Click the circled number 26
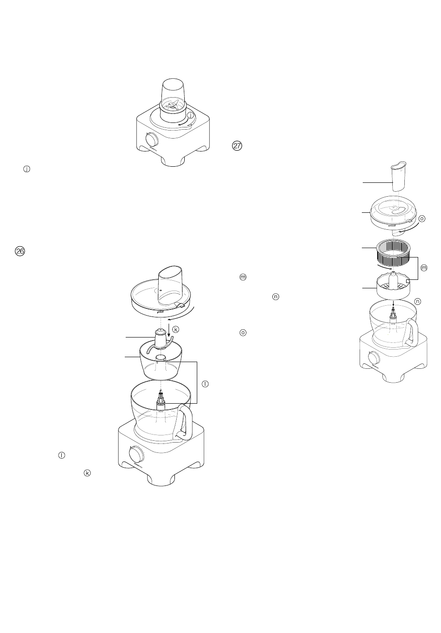click(20, 252)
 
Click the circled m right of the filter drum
click(424, 268)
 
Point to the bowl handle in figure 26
click(185, 421)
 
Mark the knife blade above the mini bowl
click(160, 338)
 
